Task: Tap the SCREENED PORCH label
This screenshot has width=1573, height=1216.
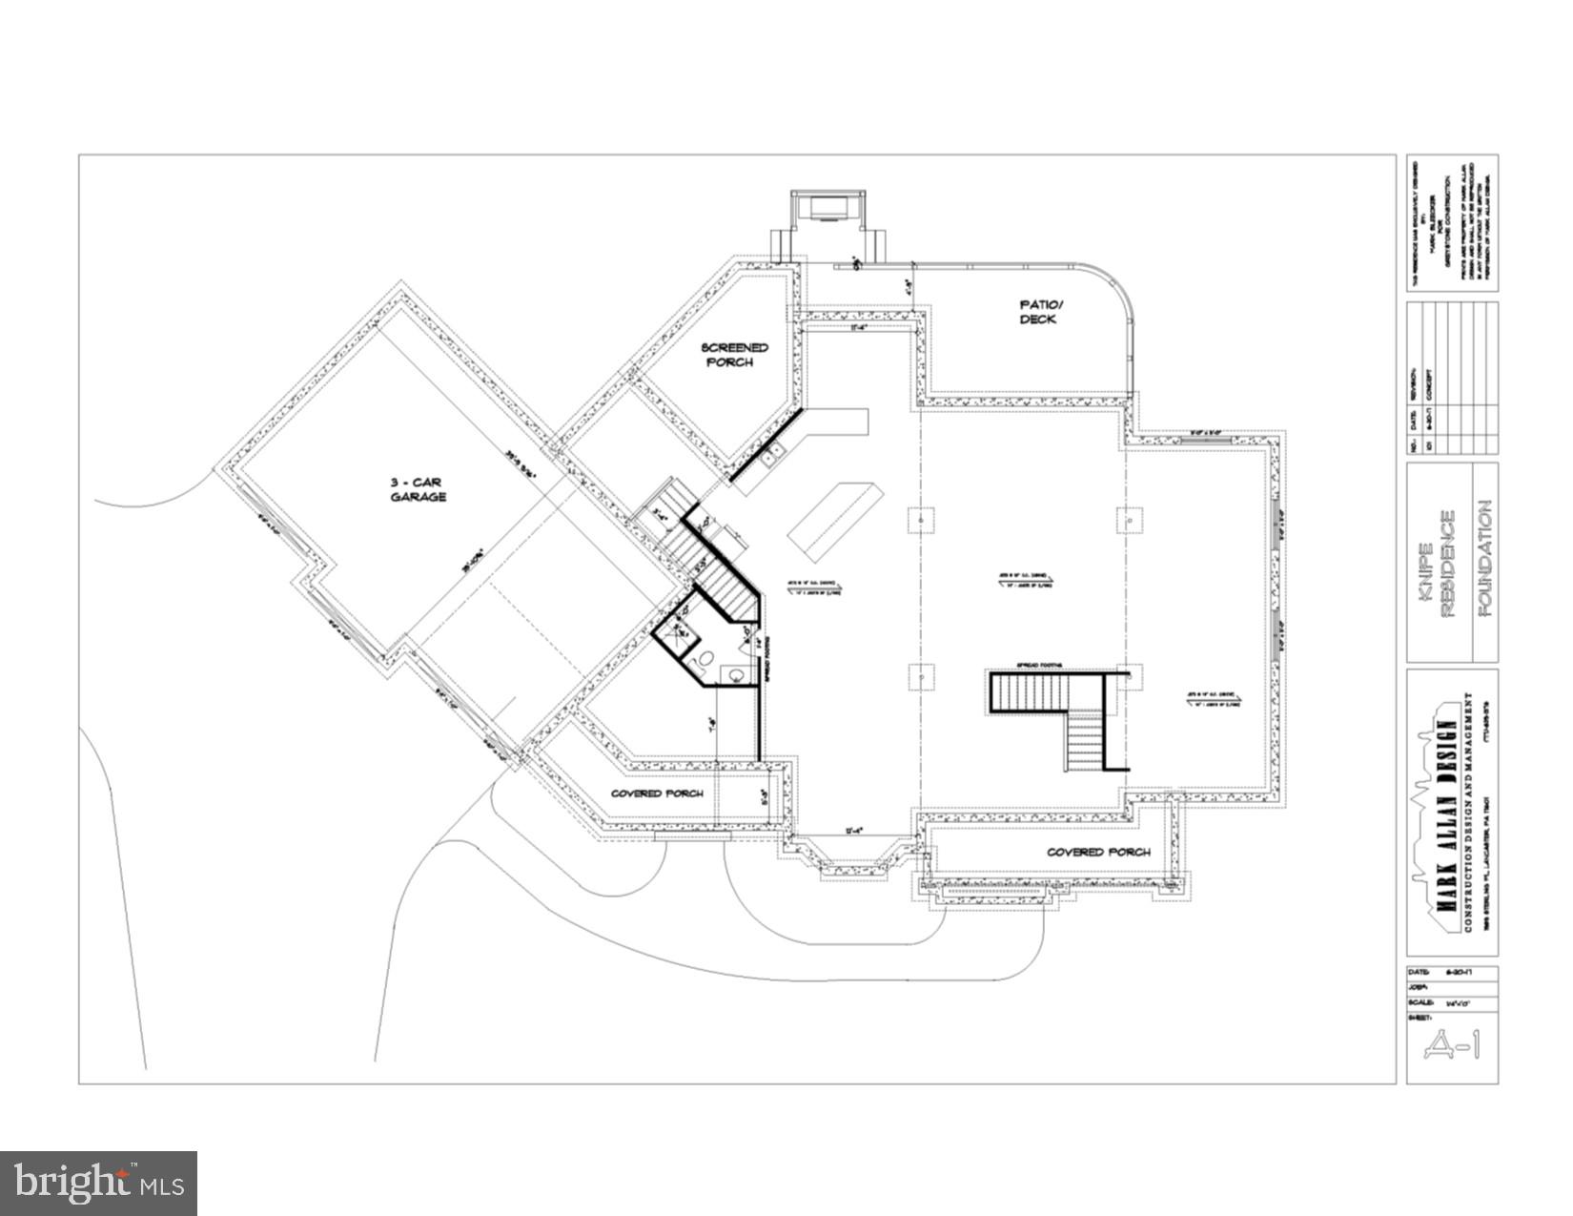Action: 734,355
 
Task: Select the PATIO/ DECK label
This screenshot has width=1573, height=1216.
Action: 1038,312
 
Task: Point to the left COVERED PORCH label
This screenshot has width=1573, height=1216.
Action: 658,793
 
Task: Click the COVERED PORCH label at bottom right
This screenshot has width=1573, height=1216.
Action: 1098,852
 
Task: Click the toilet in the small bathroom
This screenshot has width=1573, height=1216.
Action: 705,658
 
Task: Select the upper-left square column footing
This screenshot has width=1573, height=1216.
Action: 921,521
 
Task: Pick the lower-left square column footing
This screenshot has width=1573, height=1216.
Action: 921,676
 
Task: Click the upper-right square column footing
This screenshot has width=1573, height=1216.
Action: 1129,521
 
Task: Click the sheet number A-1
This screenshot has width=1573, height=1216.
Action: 1452,1047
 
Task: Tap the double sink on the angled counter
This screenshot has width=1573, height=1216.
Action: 774,452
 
